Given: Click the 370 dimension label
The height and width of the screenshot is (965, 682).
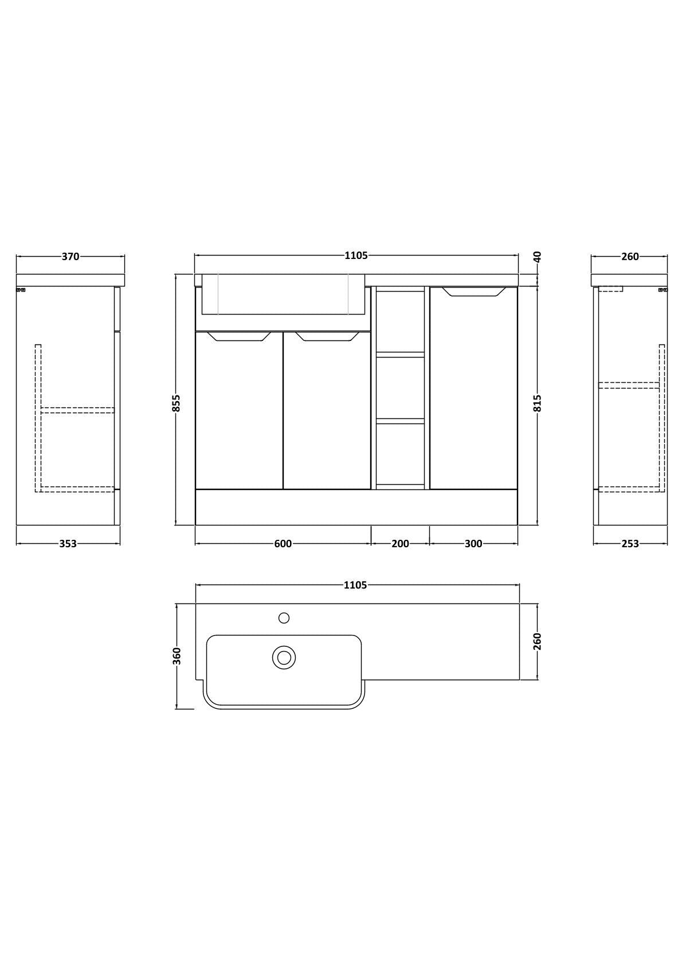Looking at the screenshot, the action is click(x=70, y=256).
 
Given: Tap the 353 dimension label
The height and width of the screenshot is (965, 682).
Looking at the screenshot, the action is click(x=68, y=544).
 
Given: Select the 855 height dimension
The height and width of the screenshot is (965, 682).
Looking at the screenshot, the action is click(x=177, y=403).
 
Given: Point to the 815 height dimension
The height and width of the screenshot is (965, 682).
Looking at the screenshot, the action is click(x=538, y=403).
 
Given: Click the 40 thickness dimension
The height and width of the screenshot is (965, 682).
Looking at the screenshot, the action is click(x=538, y=257).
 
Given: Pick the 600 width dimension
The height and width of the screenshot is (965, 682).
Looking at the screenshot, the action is click(x=283, y=544).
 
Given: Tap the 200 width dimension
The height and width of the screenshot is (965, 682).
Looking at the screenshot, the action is click(x=400, y=544).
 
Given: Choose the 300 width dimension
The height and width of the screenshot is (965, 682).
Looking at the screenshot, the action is click(x=473, y=544).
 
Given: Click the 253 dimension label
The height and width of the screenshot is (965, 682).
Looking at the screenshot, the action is click(x=630, y=544).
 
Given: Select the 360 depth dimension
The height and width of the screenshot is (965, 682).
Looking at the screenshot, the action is click(x=177, y=656).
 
